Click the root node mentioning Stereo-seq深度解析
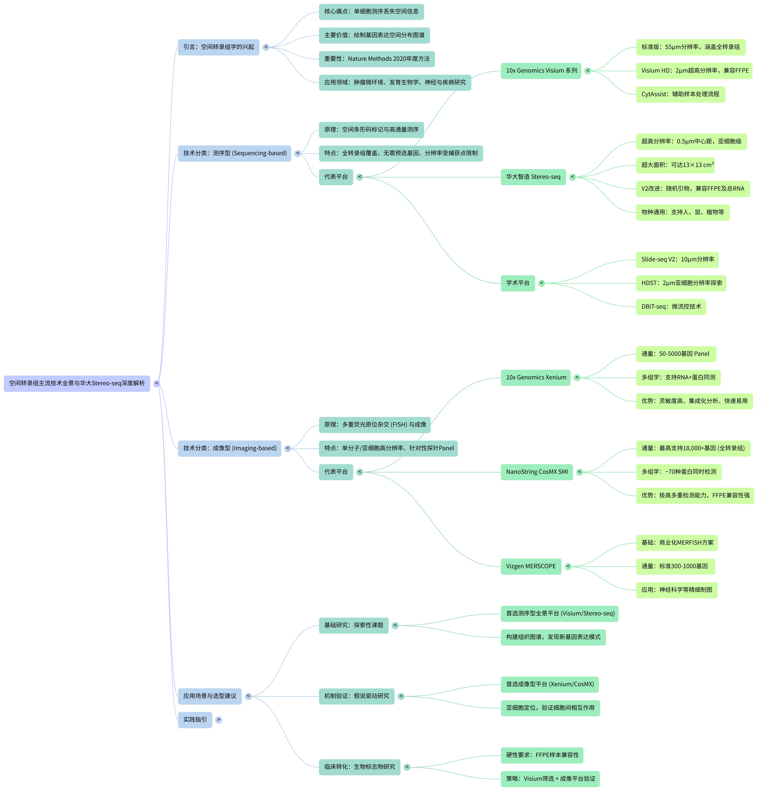[x=77, y=383]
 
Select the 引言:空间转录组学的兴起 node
[x=218, y=47]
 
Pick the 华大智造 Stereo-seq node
[x=533, y=177]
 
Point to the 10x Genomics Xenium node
[x=535, y=378]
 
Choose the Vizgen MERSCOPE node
[x=531, y=567]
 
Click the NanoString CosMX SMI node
[x=537, y=472]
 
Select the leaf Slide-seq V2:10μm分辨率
[x=677, y=259]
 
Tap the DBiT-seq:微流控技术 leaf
[x=671, y=307]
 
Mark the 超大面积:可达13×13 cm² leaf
[x=675, y=165]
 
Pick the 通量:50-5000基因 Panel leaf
[x=676, y=354]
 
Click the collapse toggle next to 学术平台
[x=542, y=283]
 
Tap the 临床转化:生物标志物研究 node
[x=359, y=767]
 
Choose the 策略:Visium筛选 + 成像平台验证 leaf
[x=550, y=779]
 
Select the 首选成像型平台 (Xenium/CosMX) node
[x=550, y=684]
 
